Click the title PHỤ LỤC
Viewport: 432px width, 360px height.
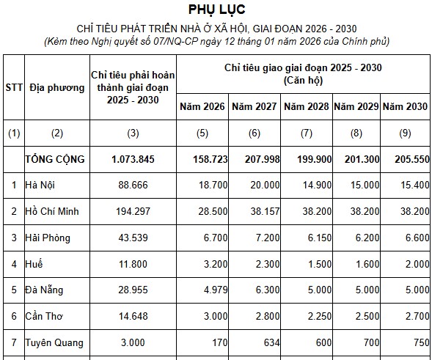click(216, 10)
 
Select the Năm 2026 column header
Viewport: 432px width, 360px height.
click(202, 106)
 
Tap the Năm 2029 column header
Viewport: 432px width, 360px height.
click(356, 106)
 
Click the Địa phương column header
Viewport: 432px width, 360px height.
click(57, 88)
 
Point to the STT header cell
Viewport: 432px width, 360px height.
click(14, 87)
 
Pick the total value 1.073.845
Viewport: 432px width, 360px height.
click(133, 159)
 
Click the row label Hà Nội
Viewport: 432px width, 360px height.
click(40, 185)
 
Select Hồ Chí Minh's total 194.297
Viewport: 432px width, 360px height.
click(133, 211)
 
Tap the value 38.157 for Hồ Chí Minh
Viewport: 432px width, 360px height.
click(265, 211)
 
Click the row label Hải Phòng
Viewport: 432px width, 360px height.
click(48, 238)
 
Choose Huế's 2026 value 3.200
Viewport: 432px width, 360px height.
click(216, 264)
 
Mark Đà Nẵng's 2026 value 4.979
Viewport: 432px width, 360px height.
click(216, 290)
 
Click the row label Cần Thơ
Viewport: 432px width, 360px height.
click(44, 316)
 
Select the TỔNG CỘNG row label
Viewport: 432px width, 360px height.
click(55, 159)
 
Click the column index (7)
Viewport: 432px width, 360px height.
click(307, 133)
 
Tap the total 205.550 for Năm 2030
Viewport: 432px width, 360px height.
click(412, 159)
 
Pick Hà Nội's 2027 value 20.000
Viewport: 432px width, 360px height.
click(265, 185)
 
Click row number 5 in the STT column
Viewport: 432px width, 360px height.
click(14, 290)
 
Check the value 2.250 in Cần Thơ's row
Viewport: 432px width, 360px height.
click(320, 316)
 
